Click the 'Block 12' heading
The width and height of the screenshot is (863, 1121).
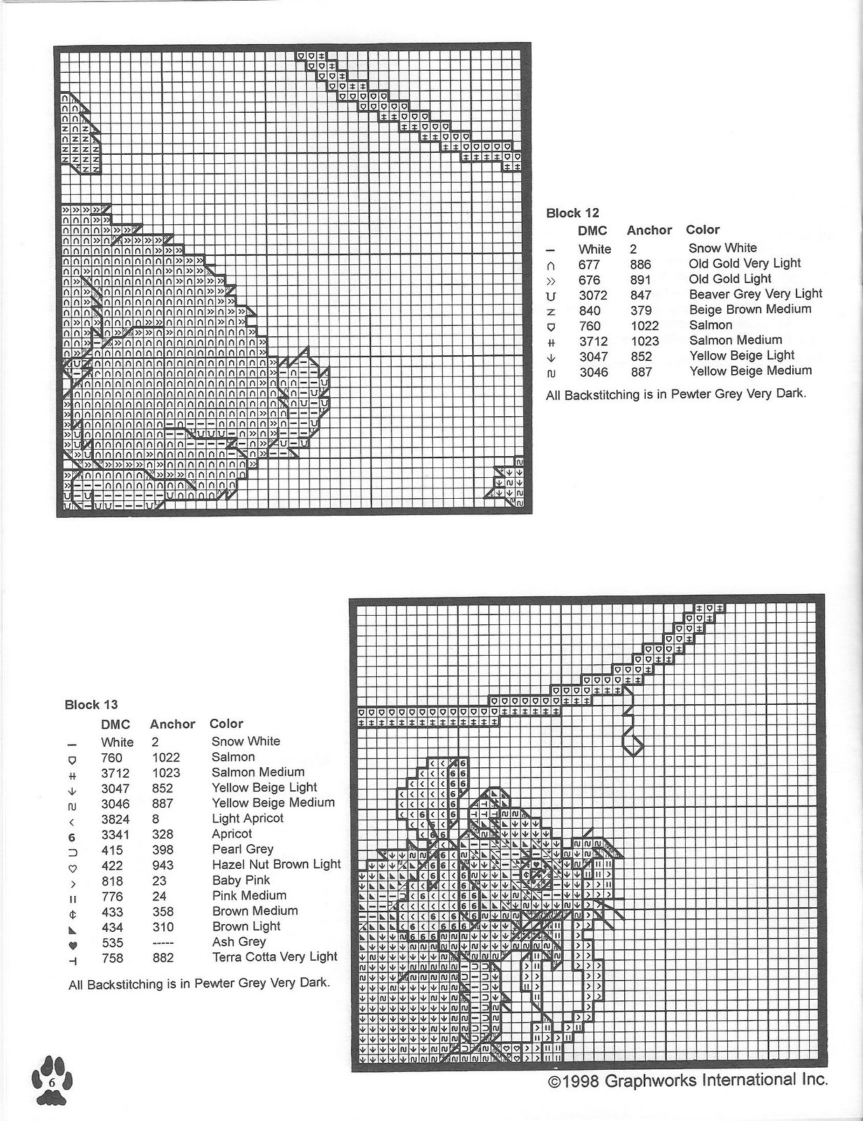click(x=572, y=213)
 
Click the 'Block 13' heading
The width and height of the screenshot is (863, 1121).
click(x=91, y=705)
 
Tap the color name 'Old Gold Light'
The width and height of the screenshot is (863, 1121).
click(x=730, y=279)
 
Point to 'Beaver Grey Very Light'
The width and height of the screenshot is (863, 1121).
click(x=755, y=294)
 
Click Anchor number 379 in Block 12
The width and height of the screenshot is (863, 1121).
click(x=640, y=310)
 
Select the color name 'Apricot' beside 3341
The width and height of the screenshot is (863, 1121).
click(x=232, y=834)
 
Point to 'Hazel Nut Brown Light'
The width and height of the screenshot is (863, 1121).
click(x=276, y=865)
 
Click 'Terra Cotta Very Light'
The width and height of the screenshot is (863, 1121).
click(x=275, y=957)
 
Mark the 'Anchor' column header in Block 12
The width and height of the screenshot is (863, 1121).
click(x=649, y=230)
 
